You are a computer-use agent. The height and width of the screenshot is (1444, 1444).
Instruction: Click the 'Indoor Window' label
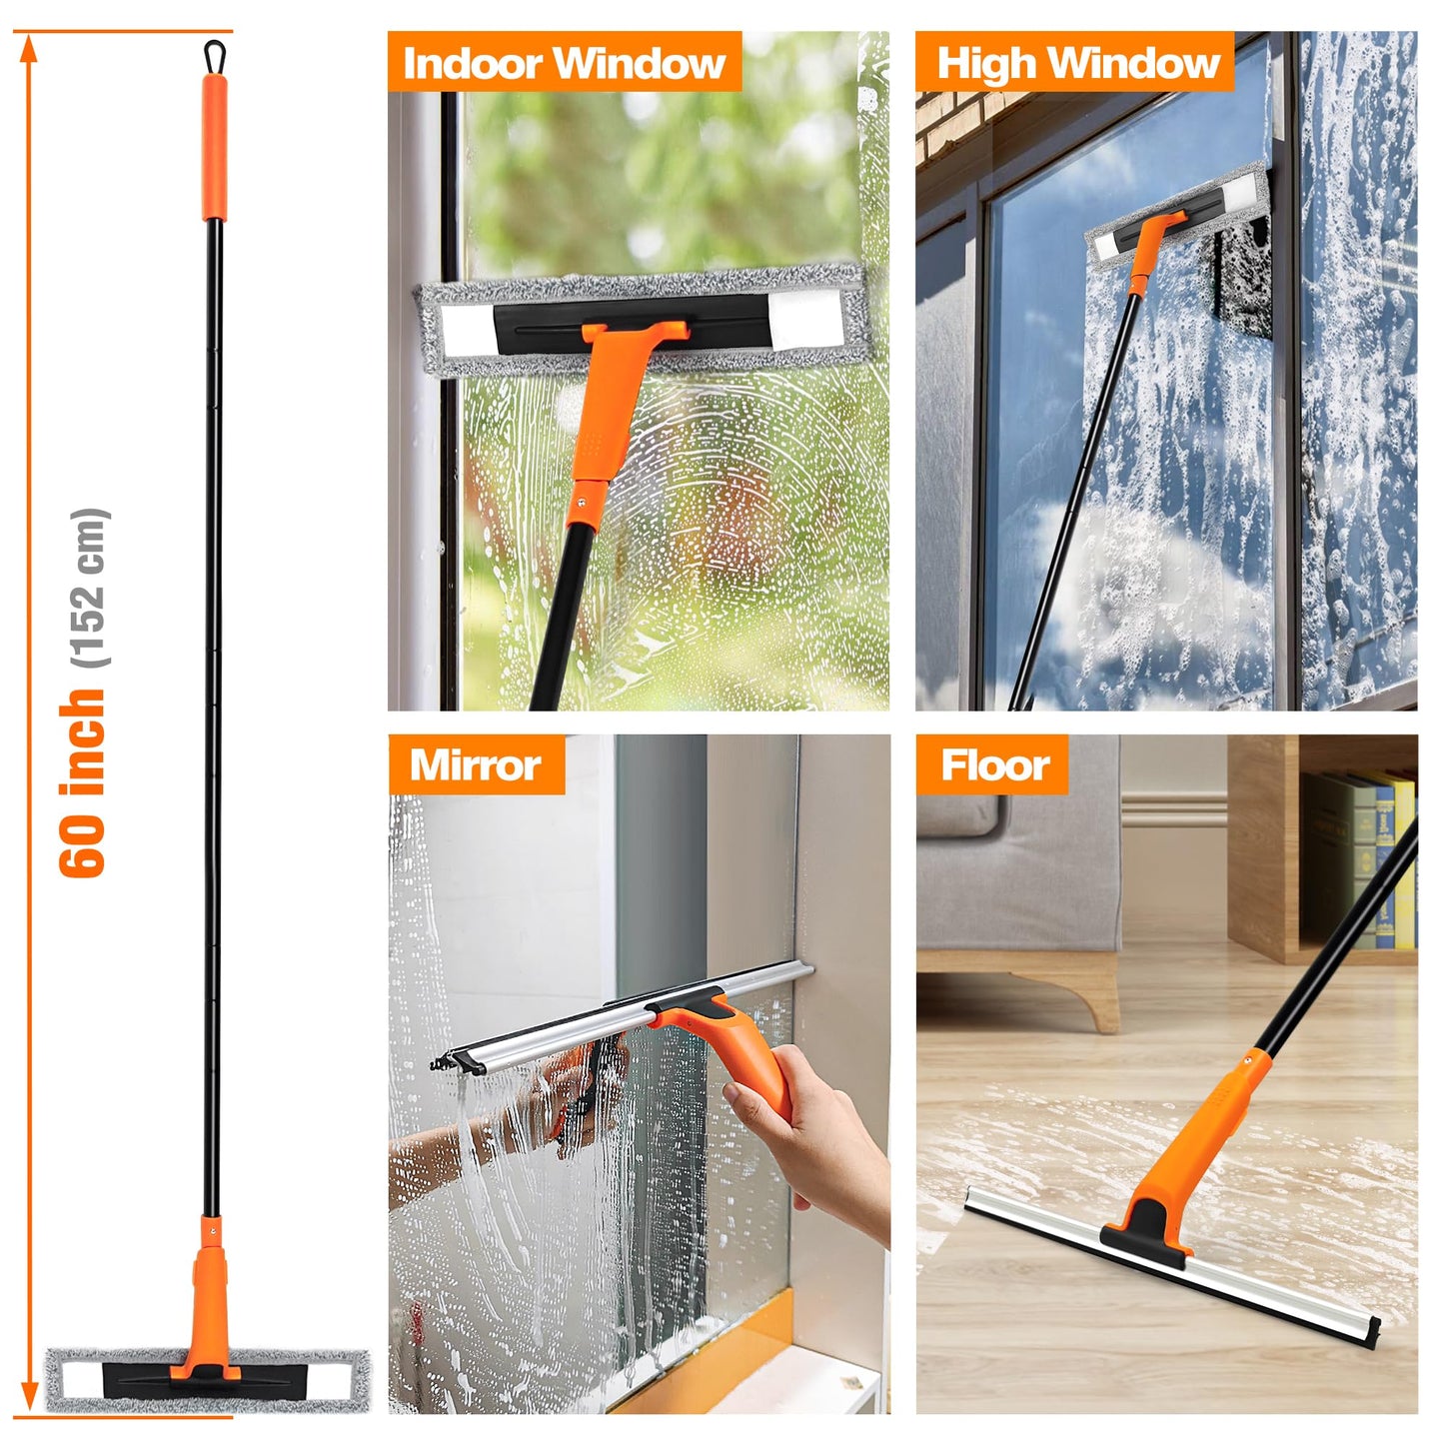coord(564,63)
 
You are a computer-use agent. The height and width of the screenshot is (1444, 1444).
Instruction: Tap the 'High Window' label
coord(1077,63)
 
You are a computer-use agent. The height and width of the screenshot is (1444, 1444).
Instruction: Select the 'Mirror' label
coord(475,765)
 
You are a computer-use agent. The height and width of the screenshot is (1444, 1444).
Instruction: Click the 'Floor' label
coord(994,765)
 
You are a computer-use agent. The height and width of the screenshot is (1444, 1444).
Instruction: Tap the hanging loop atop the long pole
coord(214,54)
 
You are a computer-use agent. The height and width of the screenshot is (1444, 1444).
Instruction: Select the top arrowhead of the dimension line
coord(30,48)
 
